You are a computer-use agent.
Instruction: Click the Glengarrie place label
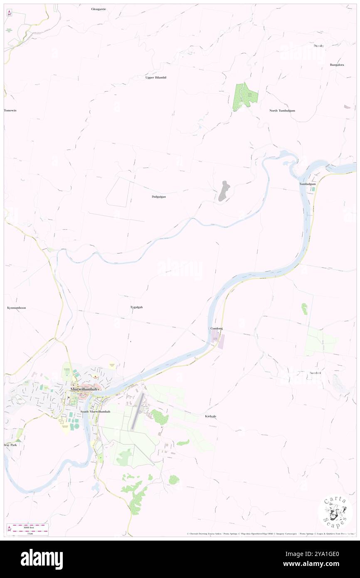pyautogui.click(x=99, y=9)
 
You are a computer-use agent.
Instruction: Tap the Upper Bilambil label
pyautogui.click(x=156, y=77)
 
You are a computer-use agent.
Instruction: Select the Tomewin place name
pyautogui.click(x=10, y=110)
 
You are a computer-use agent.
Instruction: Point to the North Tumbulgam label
pyautogui.click(x=282, y=110)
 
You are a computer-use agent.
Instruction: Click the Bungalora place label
pyautogui.click(x=337, y=64)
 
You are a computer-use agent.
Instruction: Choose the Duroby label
pyautogui.click(x=318, y=45)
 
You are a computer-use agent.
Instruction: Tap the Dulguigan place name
pyautogui.click(x=159, y=196)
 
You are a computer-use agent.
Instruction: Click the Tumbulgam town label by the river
pyautogui.click(x=307, y=184)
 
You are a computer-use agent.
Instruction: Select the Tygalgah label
pyautogui.click(x=136, y=307)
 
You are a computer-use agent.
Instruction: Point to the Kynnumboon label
pyautogui.click(x=17, y=308)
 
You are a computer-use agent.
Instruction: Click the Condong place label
pyautogui.click(x=216, y=328)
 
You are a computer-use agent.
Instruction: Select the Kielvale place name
pyautogui.click(x=211, y=416)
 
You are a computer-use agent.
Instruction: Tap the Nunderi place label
pyautogui.click(x=315, y=373)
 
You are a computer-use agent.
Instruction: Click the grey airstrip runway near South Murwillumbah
pyautogui.click(x=137, y=410)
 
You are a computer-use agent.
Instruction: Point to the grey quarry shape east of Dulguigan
pyautogui.click(x=224, y=191)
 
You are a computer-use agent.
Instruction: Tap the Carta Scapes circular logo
pyautogui.click(x=335, y=513)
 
